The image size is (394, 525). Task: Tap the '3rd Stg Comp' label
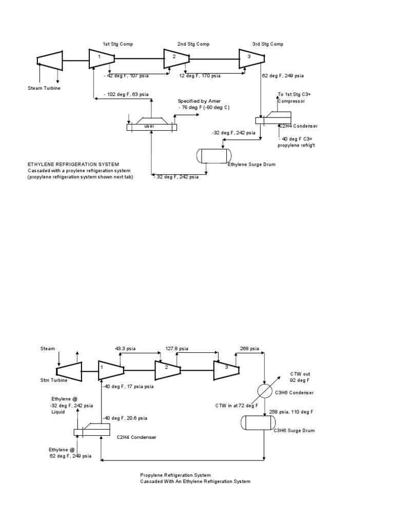click(268, 44)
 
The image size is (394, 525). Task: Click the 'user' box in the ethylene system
click(150, 126)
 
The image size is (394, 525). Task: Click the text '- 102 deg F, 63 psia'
click(126, 94)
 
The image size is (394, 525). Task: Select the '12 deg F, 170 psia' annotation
click(200, 76)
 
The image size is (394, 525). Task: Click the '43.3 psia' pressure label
click(125, 349)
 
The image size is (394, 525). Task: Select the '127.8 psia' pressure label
click(176, 349)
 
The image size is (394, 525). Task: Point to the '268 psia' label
click(249, 349)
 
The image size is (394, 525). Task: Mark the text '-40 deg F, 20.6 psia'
click(124, 418)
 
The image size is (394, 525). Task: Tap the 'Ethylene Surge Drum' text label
click(251, 164)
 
